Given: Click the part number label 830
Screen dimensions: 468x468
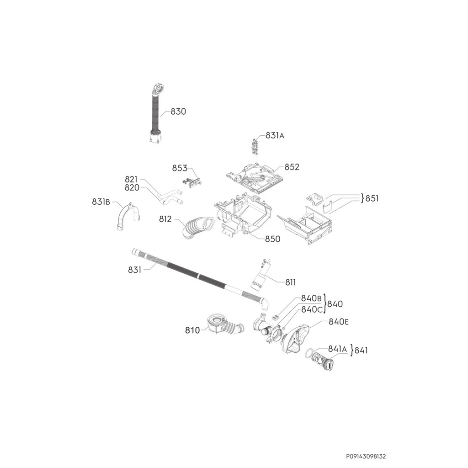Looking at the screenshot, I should (178, 112).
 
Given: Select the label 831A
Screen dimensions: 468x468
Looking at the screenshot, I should (275, 136).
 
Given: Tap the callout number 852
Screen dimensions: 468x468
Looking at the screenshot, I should (292, 167).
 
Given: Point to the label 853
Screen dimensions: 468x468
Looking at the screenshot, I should (180, 168).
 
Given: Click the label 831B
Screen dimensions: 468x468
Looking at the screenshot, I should (101, 202).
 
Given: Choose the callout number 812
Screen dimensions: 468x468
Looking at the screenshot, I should (165, 219).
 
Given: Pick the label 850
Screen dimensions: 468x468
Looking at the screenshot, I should (273, 239).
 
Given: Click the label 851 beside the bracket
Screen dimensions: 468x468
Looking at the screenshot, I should (372, 198).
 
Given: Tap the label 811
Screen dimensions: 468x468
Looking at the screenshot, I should (291, 282).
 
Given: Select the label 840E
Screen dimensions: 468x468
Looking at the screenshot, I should (339, 322).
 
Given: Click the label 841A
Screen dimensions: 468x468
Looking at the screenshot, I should (337, 350).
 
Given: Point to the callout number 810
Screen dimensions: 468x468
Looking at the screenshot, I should (192, 330).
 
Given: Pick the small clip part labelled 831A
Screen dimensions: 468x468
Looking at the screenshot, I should (255, 146).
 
